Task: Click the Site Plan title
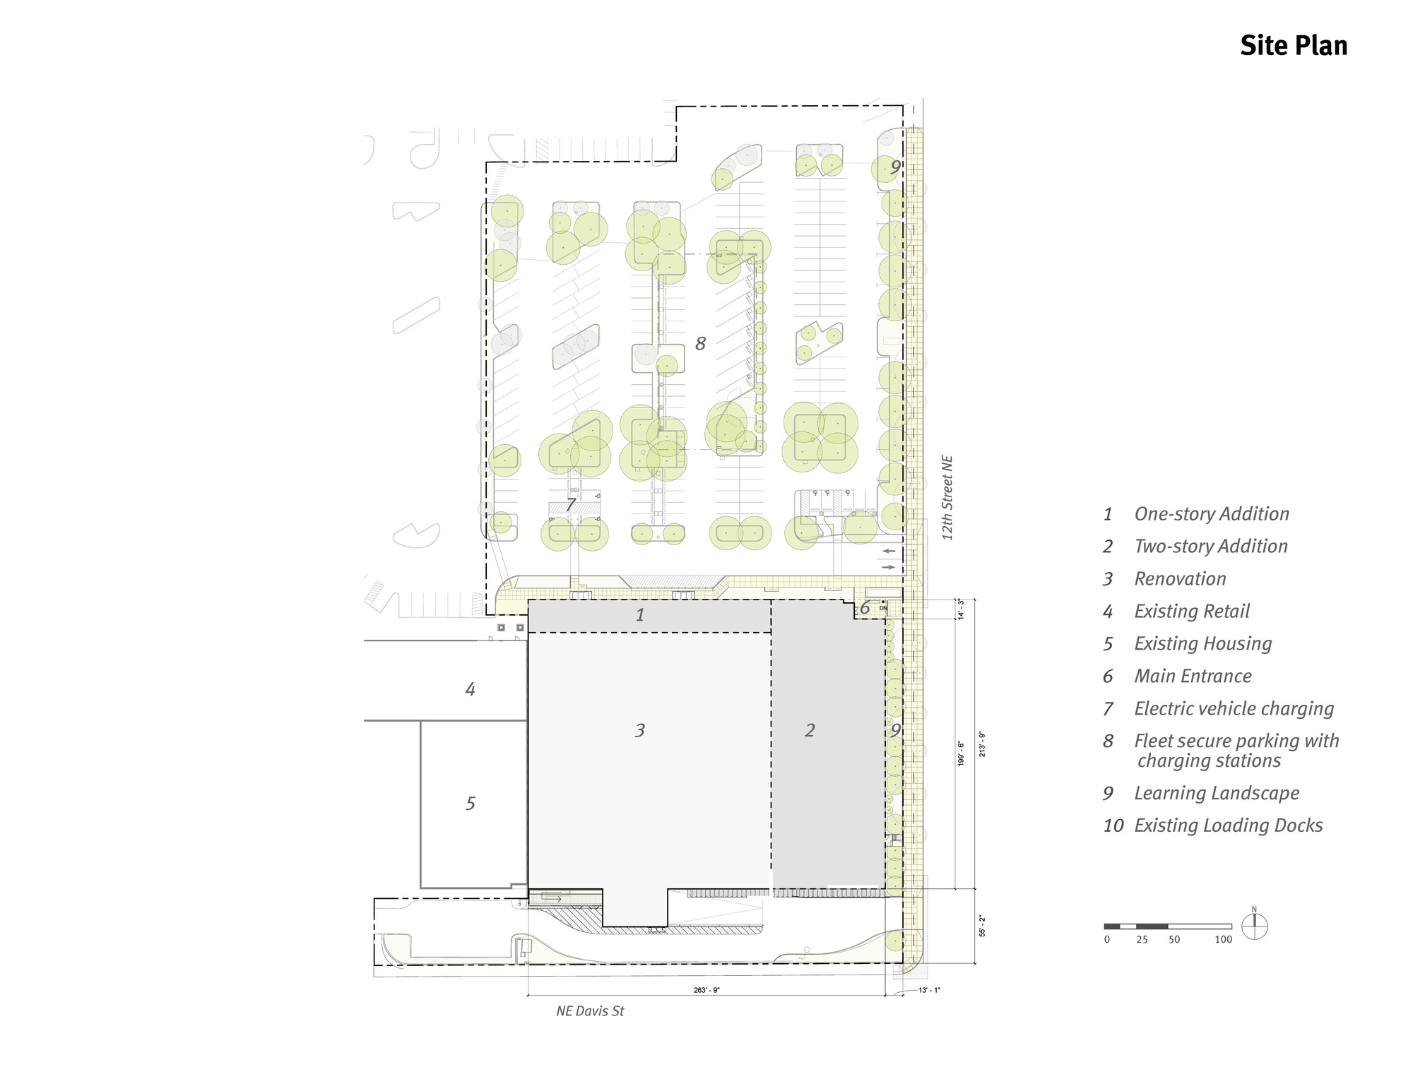click(1293, 46)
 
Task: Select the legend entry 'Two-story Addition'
click(1210, 547)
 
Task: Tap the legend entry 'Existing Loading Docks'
click(1228, 825)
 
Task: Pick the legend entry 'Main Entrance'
click(1193, 676)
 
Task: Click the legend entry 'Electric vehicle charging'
click(1234, 709)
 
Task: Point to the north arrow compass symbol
click(1254, 926)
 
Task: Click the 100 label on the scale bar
click(1223, 940)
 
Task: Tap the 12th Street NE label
click(947, 498)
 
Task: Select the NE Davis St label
click(590, 1011)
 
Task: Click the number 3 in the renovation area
click(640, 730)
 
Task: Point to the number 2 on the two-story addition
click(810, 730)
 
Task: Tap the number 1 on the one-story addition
click(640, 615)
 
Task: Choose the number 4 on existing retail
click(471, 689)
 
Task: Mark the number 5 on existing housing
click(471, 804)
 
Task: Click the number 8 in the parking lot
click(700, 344)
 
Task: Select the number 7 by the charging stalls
click(571, 505)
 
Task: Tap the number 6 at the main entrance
click(865, 607)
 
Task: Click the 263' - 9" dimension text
click(706, 991)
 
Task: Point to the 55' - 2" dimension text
click(982, 926)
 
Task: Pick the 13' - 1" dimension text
click(929, 990)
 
